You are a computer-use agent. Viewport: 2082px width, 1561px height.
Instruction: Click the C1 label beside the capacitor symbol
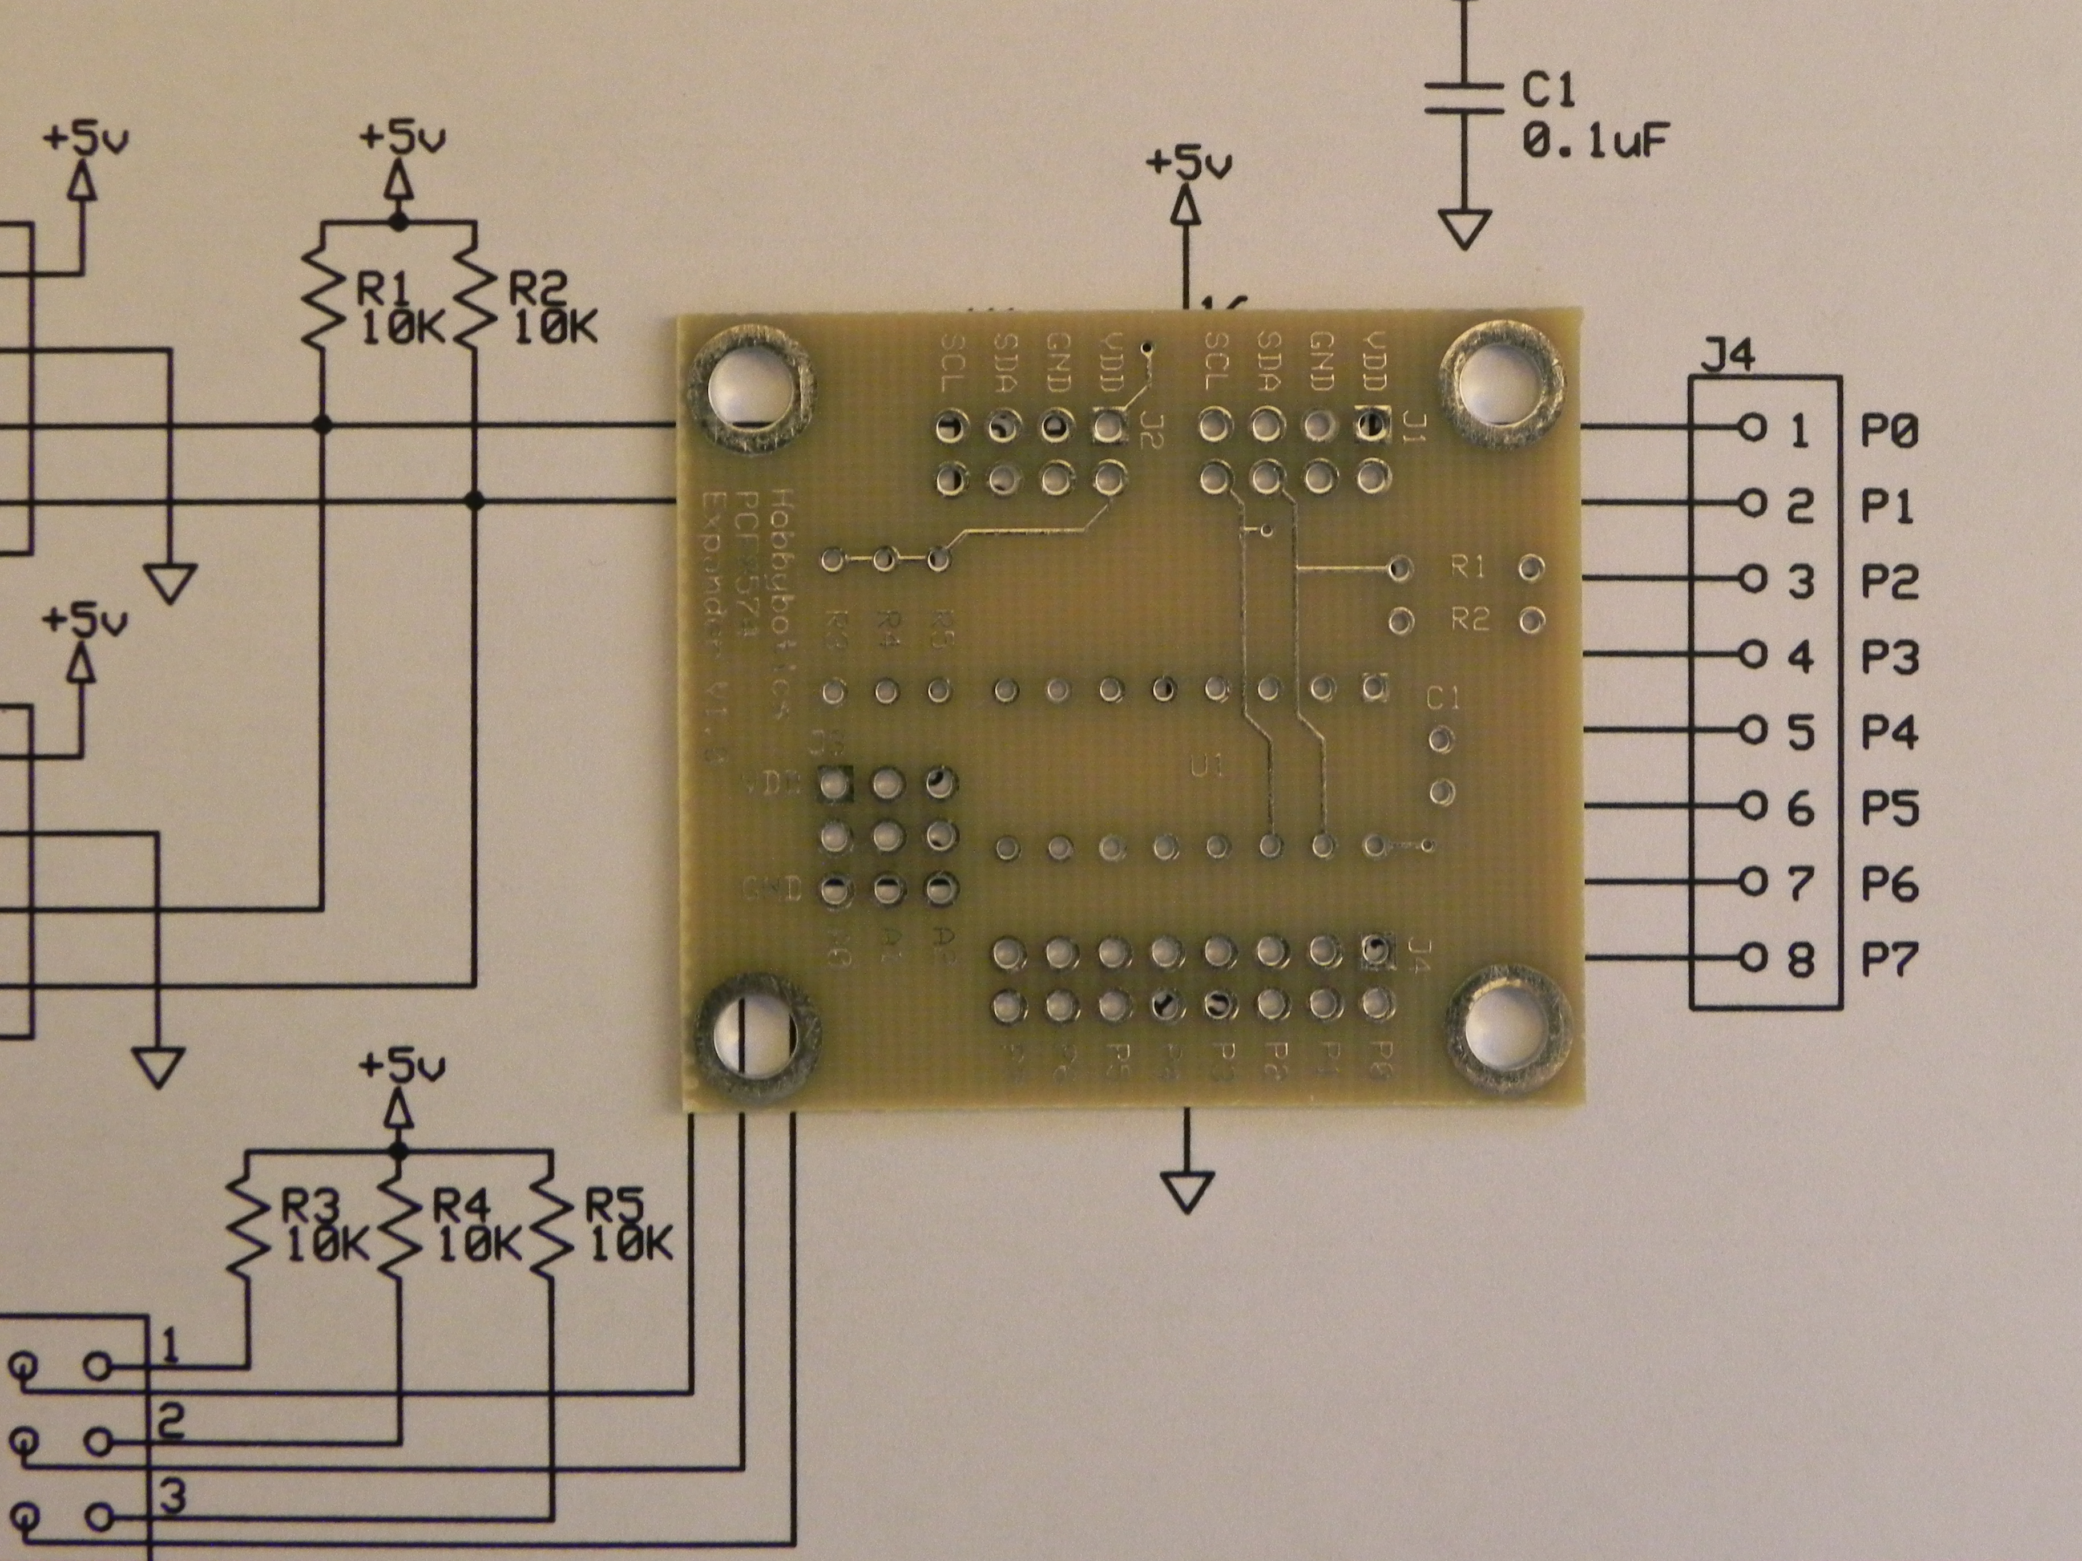tap(1548, 91)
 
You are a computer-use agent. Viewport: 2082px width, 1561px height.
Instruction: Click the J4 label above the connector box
tap(1729, 358)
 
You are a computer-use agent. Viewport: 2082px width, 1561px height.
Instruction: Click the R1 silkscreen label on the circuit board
tap(1469, 567)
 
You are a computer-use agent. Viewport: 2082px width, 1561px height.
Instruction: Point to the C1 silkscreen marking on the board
tap(1443, 698)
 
